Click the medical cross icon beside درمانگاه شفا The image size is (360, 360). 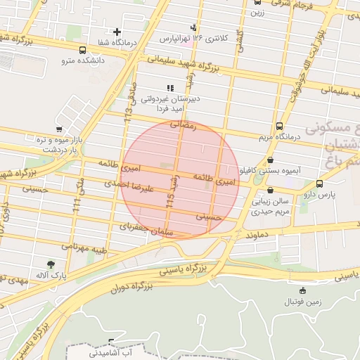(x=117, y=32)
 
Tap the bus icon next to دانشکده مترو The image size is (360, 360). (x=83, y=51)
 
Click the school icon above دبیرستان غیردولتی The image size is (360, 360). (x=169, y=88)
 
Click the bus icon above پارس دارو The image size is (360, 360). (x=321, y=184)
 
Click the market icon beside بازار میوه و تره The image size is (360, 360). (x=59, y=129)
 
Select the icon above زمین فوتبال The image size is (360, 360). (x=303, y=290)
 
